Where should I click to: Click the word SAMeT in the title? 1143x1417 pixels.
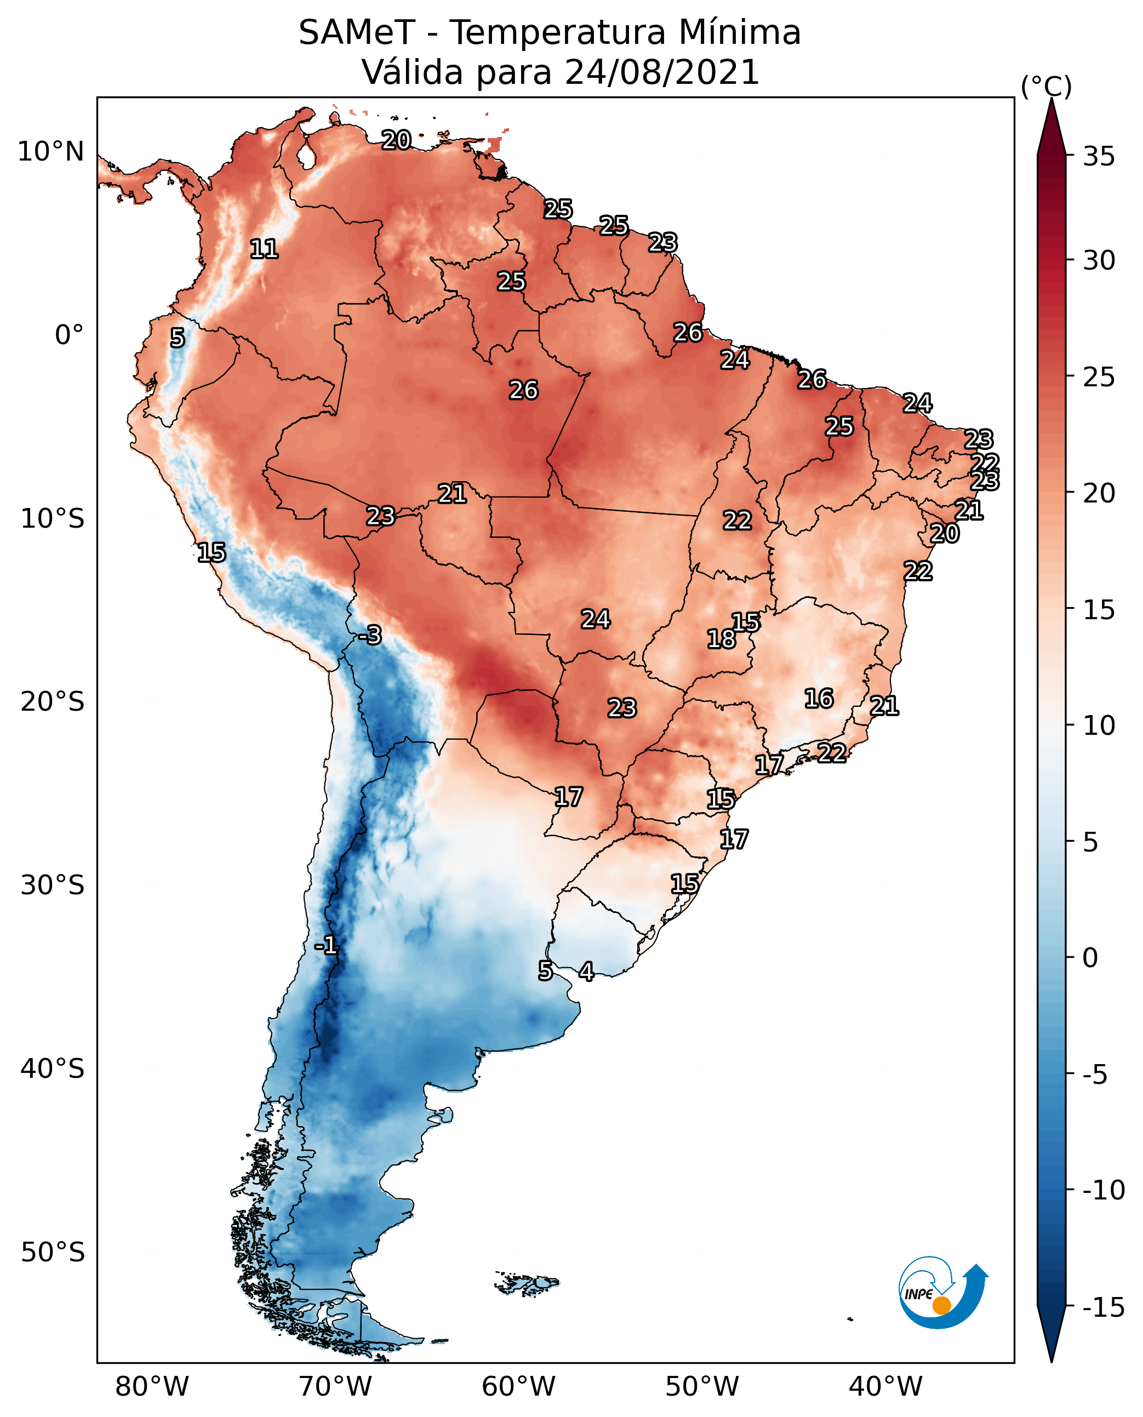point(357,32)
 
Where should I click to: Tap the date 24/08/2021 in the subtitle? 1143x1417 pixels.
point(662,72)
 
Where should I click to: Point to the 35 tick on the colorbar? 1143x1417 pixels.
point(1099,156)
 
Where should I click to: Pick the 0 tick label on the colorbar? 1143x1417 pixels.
point(1090,957)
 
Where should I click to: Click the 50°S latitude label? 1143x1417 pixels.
point(53,1251)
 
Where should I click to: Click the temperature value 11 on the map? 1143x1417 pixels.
point(264,249)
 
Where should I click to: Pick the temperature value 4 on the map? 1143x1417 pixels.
point(586,970)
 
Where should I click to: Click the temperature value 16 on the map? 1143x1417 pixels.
point(819,698)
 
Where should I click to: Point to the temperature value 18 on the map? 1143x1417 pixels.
point(721,639)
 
